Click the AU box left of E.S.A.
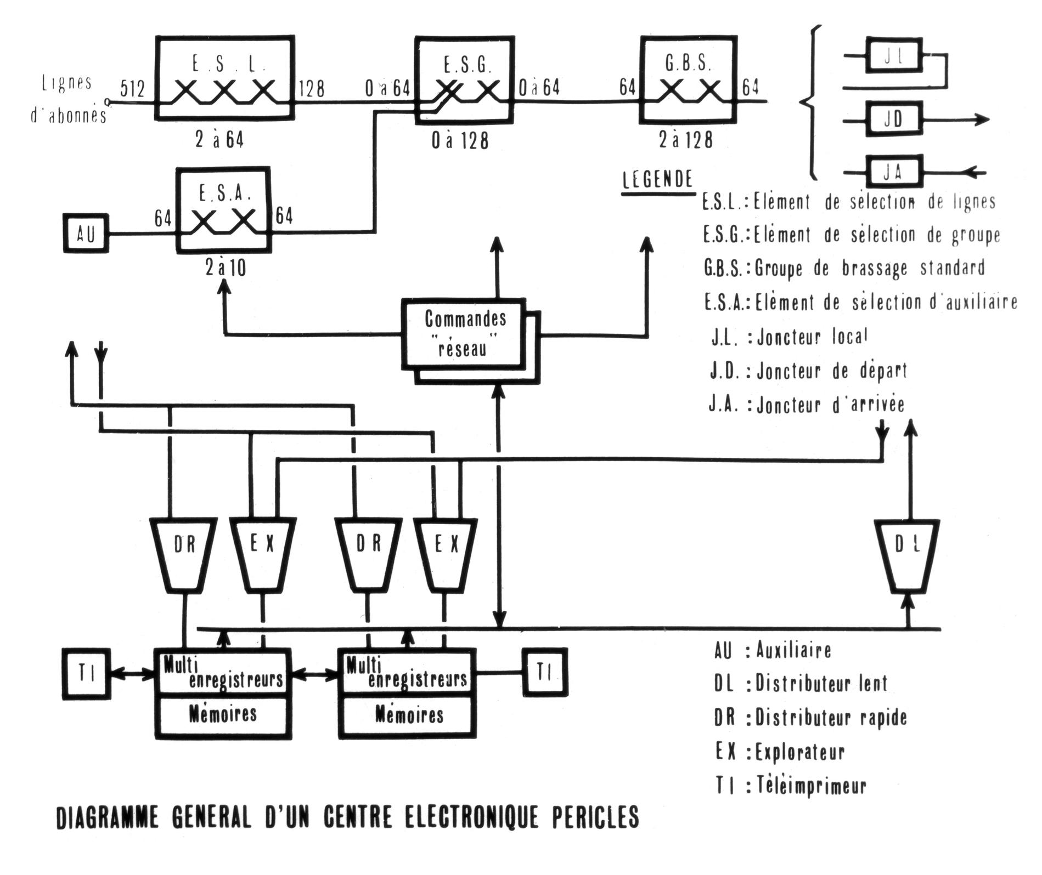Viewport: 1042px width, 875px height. coord(86,234)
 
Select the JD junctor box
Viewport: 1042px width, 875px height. coord(894,118)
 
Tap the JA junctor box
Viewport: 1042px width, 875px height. coord(894,172)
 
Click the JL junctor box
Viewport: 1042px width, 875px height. coord(894,55)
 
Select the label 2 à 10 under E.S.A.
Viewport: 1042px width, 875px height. coord(225,268)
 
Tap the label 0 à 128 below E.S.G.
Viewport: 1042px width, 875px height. coord(459,141)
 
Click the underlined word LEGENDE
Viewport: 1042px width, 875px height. coord(657,179)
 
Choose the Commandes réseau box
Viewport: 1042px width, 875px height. coord(464,333)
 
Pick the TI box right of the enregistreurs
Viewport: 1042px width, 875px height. coord(544,672)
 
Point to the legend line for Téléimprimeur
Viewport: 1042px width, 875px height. coord(790,786)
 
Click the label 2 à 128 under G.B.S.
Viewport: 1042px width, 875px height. coord(685,140)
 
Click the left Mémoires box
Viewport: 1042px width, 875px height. coord(222,714)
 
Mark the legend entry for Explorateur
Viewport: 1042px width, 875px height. coord(779,752)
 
